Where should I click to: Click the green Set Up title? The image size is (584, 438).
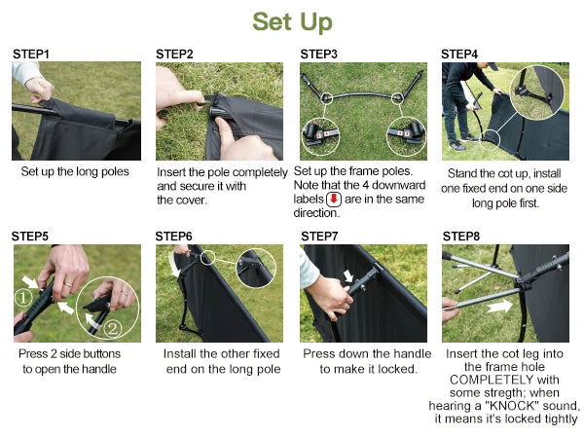click(292, 22)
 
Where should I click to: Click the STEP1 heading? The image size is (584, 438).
click(31, 55)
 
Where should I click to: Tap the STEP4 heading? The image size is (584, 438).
click(459, 55)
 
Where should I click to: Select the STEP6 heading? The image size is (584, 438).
click(173, 237)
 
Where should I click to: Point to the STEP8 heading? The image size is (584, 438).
click(461, 237)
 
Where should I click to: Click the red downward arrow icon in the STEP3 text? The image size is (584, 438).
click(334, 199)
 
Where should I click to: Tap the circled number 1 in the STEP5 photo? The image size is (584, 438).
click(23, 298)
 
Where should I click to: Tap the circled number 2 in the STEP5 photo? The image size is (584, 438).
click(112, 329)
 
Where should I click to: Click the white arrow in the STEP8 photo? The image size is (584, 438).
click(499, 307)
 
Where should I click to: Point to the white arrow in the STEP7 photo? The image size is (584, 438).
click(348, 276)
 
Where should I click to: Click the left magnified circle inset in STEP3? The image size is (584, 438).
click(321, 137)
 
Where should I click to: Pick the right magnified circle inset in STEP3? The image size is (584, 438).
click(406, 137)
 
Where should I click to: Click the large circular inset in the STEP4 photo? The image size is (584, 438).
click(536, 92)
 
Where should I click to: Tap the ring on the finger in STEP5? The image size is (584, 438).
click(68, 285)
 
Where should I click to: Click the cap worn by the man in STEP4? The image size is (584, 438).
click(492, 66)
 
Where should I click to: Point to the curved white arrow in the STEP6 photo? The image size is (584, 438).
click(173, 265)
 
